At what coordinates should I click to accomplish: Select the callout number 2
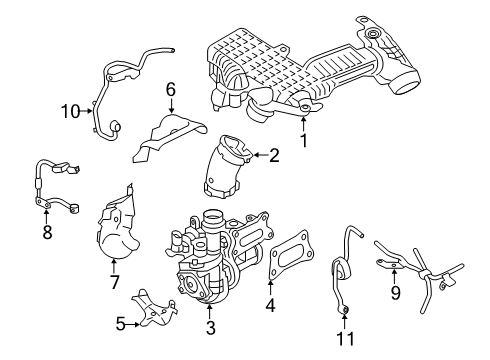coord(272,155)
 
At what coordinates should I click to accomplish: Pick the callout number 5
coord(121,323)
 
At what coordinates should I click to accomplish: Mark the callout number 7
coord(114,283)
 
